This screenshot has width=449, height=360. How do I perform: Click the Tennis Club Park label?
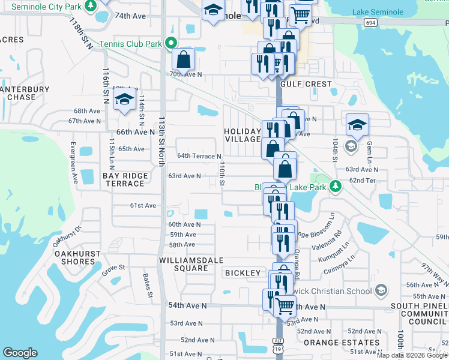130,44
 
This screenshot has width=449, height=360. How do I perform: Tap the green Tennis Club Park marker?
170,43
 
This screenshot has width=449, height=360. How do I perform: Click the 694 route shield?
369,22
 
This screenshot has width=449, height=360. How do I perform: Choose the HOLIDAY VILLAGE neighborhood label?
243,135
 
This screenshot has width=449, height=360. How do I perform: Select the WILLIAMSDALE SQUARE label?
191,264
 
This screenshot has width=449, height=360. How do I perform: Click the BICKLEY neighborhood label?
243,273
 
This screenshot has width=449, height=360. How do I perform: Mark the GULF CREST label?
306,84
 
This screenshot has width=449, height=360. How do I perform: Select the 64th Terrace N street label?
199,156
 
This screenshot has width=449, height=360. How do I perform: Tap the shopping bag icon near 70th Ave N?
184,59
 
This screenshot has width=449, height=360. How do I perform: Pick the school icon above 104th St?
357,125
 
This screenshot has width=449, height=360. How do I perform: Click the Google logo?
20,353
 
